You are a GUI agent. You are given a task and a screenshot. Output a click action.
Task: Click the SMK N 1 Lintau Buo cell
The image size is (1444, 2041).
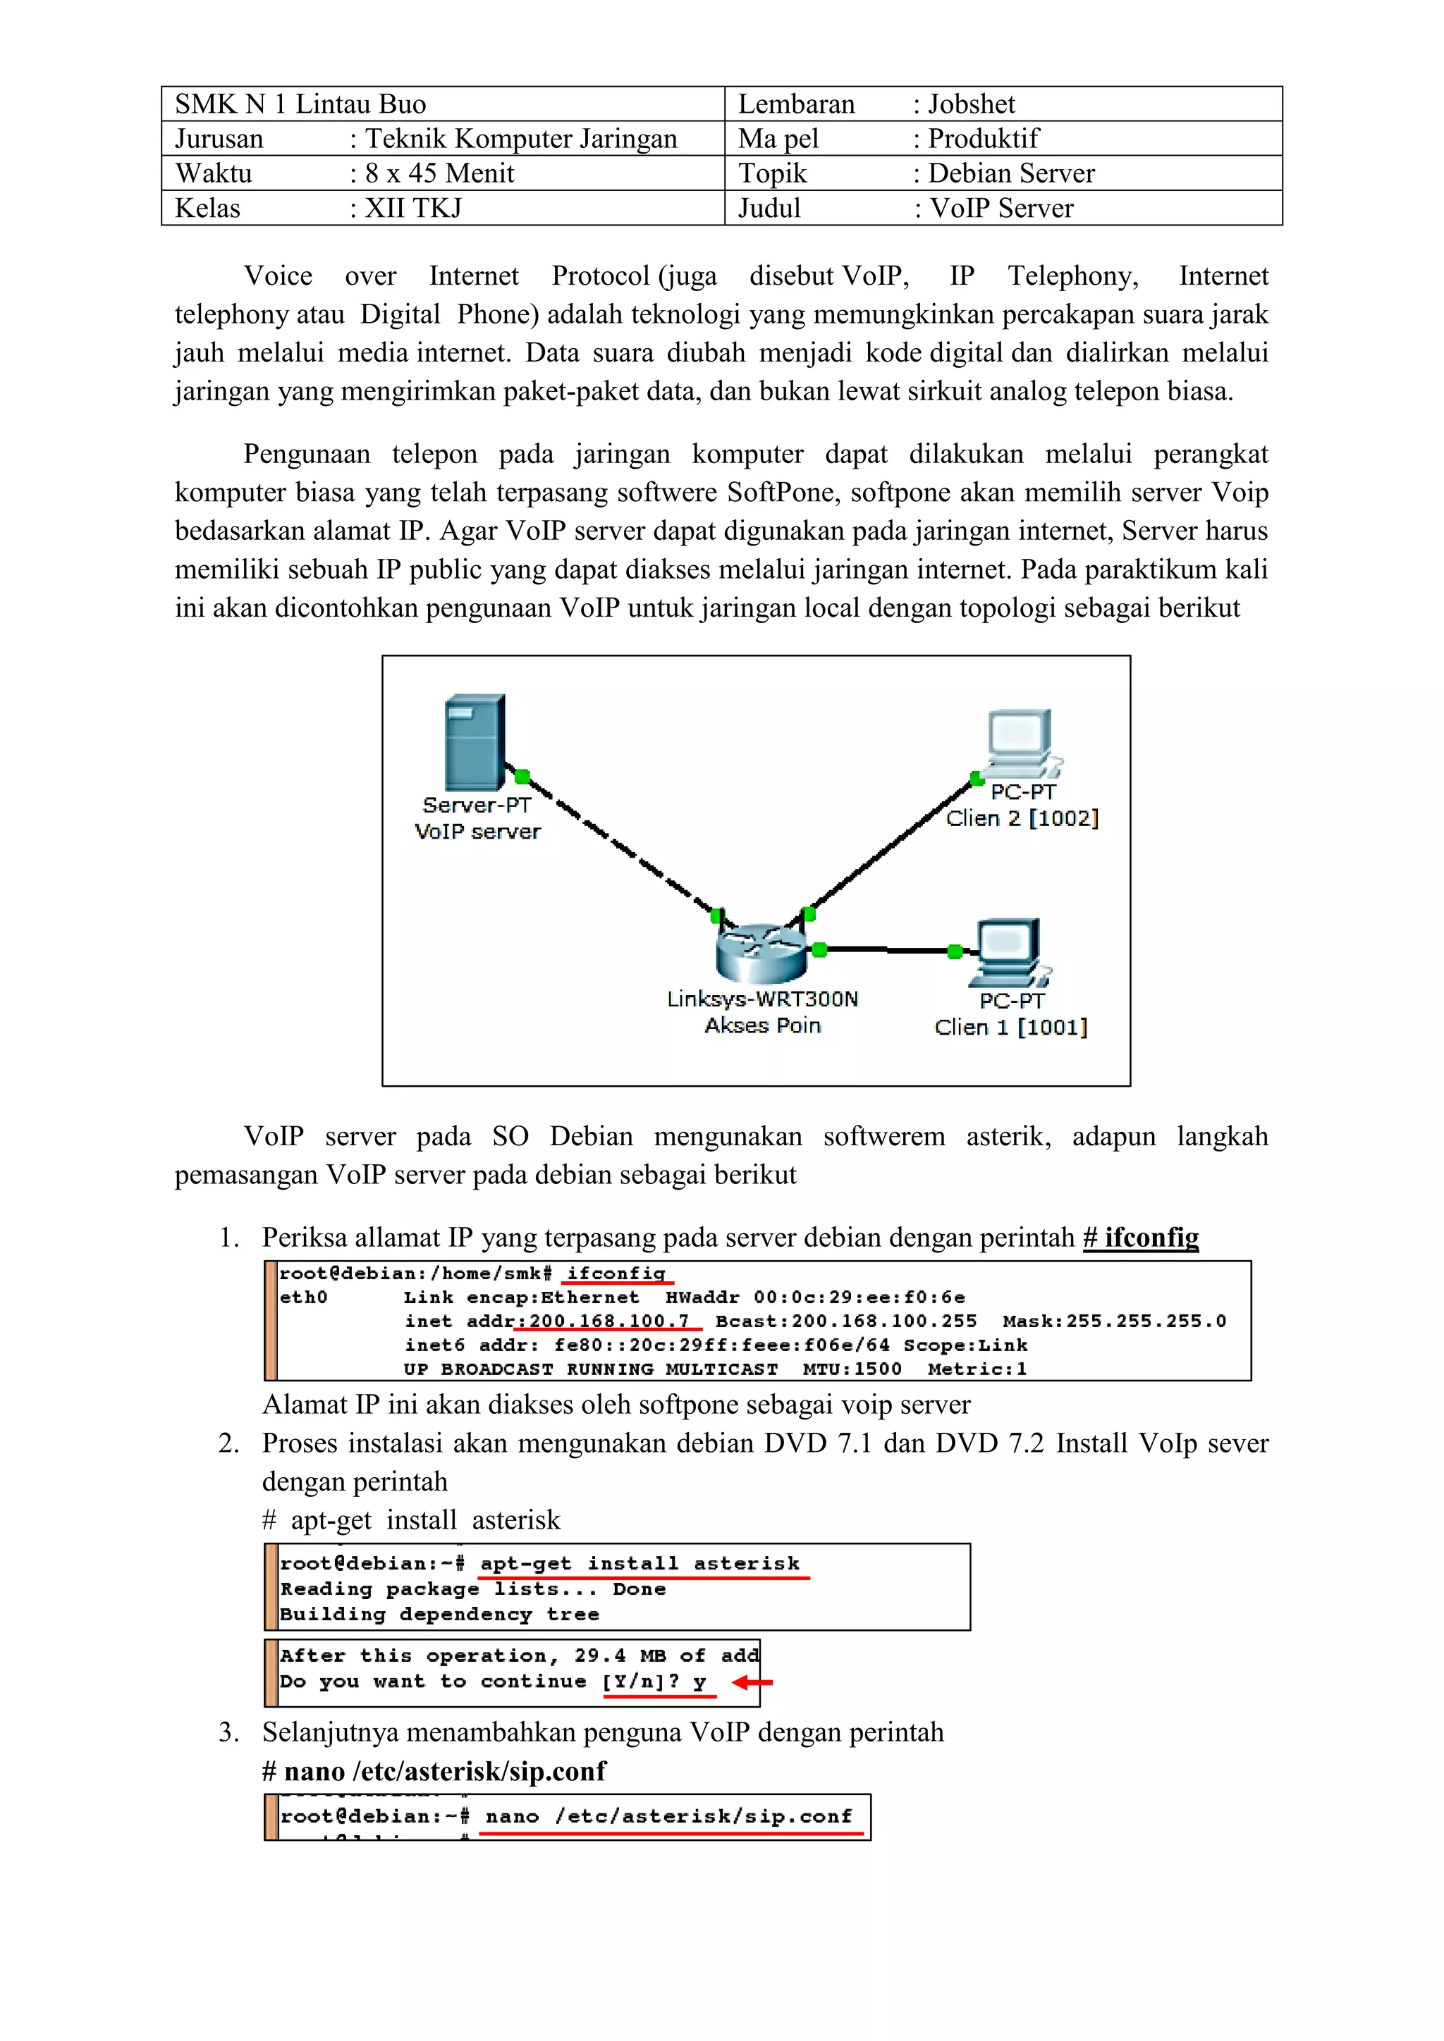(x=300, y=104)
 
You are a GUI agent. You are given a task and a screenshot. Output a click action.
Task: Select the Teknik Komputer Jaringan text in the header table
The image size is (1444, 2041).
(x=521, y=139)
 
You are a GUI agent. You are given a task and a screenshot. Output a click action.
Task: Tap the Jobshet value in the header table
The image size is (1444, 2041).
(x=971, y=104)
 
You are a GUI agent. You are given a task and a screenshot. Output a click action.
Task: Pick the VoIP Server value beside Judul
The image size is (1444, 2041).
(x=1001, y=208)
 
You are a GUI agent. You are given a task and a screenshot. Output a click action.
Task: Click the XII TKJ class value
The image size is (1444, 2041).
(x=413, y=208)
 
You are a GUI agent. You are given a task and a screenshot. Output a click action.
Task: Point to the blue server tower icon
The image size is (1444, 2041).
(x=475, y=742)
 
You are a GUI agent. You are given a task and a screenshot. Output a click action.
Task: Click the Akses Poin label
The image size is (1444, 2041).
(x=762, y=1025)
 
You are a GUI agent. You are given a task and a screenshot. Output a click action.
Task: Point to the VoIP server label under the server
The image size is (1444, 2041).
(x=477, y=831)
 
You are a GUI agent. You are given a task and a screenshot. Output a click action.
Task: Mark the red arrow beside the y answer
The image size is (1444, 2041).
(x=752, y=1682)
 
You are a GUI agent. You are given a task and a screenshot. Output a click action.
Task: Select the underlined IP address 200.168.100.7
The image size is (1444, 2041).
(x=609, y=1321)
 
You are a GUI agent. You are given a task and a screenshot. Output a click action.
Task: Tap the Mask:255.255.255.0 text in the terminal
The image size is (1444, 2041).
(x=1114, y=1321)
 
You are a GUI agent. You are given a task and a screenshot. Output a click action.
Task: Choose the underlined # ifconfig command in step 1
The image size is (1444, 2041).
(x=1141, y=1238)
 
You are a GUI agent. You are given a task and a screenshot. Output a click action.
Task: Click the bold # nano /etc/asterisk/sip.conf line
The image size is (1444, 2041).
(x=434, y=1771)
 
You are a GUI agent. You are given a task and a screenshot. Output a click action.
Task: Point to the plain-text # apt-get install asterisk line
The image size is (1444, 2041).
(x=412, y=1520)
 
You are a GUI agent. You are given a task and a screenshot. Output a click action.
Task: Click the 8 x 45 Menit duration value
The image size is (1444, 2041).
(x=439, y=173)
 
